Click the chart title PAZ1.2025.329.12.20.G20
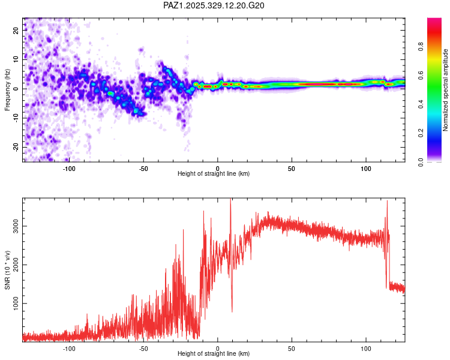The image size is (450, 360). pos(214,5)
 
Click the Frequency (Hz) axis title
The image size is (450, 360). pos(8,89)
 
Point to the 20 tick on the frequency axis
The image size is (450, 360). pos(16,30)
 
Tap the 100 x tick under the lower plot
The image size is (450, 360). pos(365,349)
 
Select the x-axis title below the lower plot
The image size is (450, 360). pos(214,355)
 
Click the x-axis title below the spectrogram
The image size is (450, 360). pos(214,174)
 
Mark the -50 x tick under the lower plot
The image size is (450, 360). pos(143,349)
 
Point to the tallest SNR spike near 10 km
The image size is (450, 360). pos(231,200)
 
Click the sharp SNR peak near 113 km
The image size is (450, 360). pos(387,202)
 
